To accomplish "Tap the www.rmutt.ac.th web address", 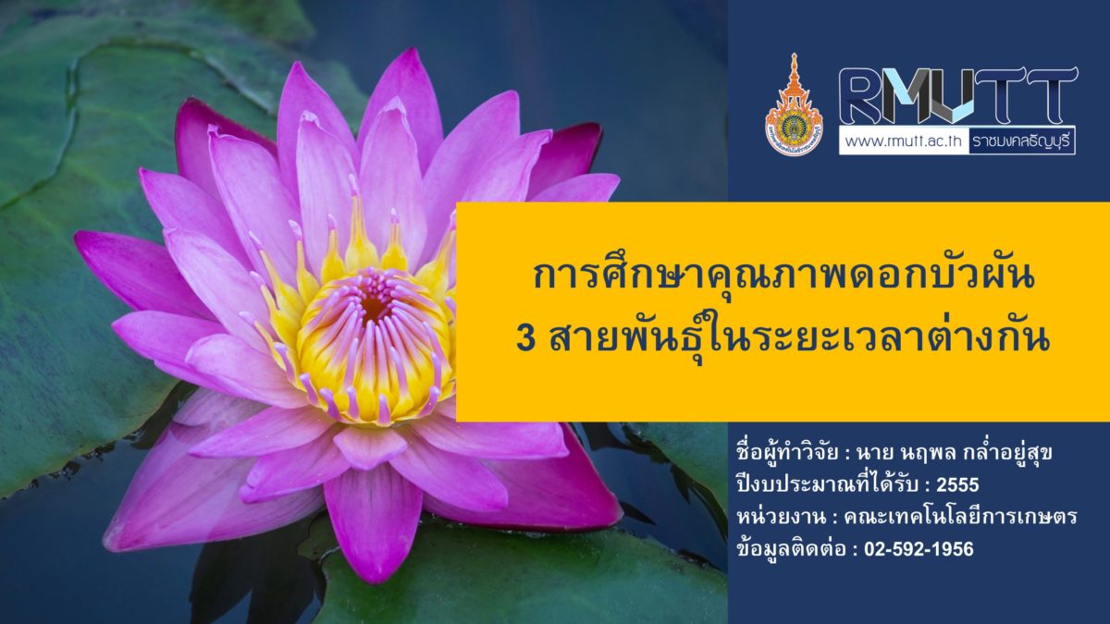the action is coord(904,141).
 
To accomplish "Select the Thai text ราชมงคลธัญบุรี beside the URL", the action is coord(1021,141).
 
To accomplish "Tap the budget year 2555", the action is coord(957,484).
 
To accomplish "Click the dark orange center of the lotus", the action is coord(374,306).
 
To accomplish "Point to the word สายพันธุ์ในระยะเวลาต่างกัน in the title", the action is coord(799,342).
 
